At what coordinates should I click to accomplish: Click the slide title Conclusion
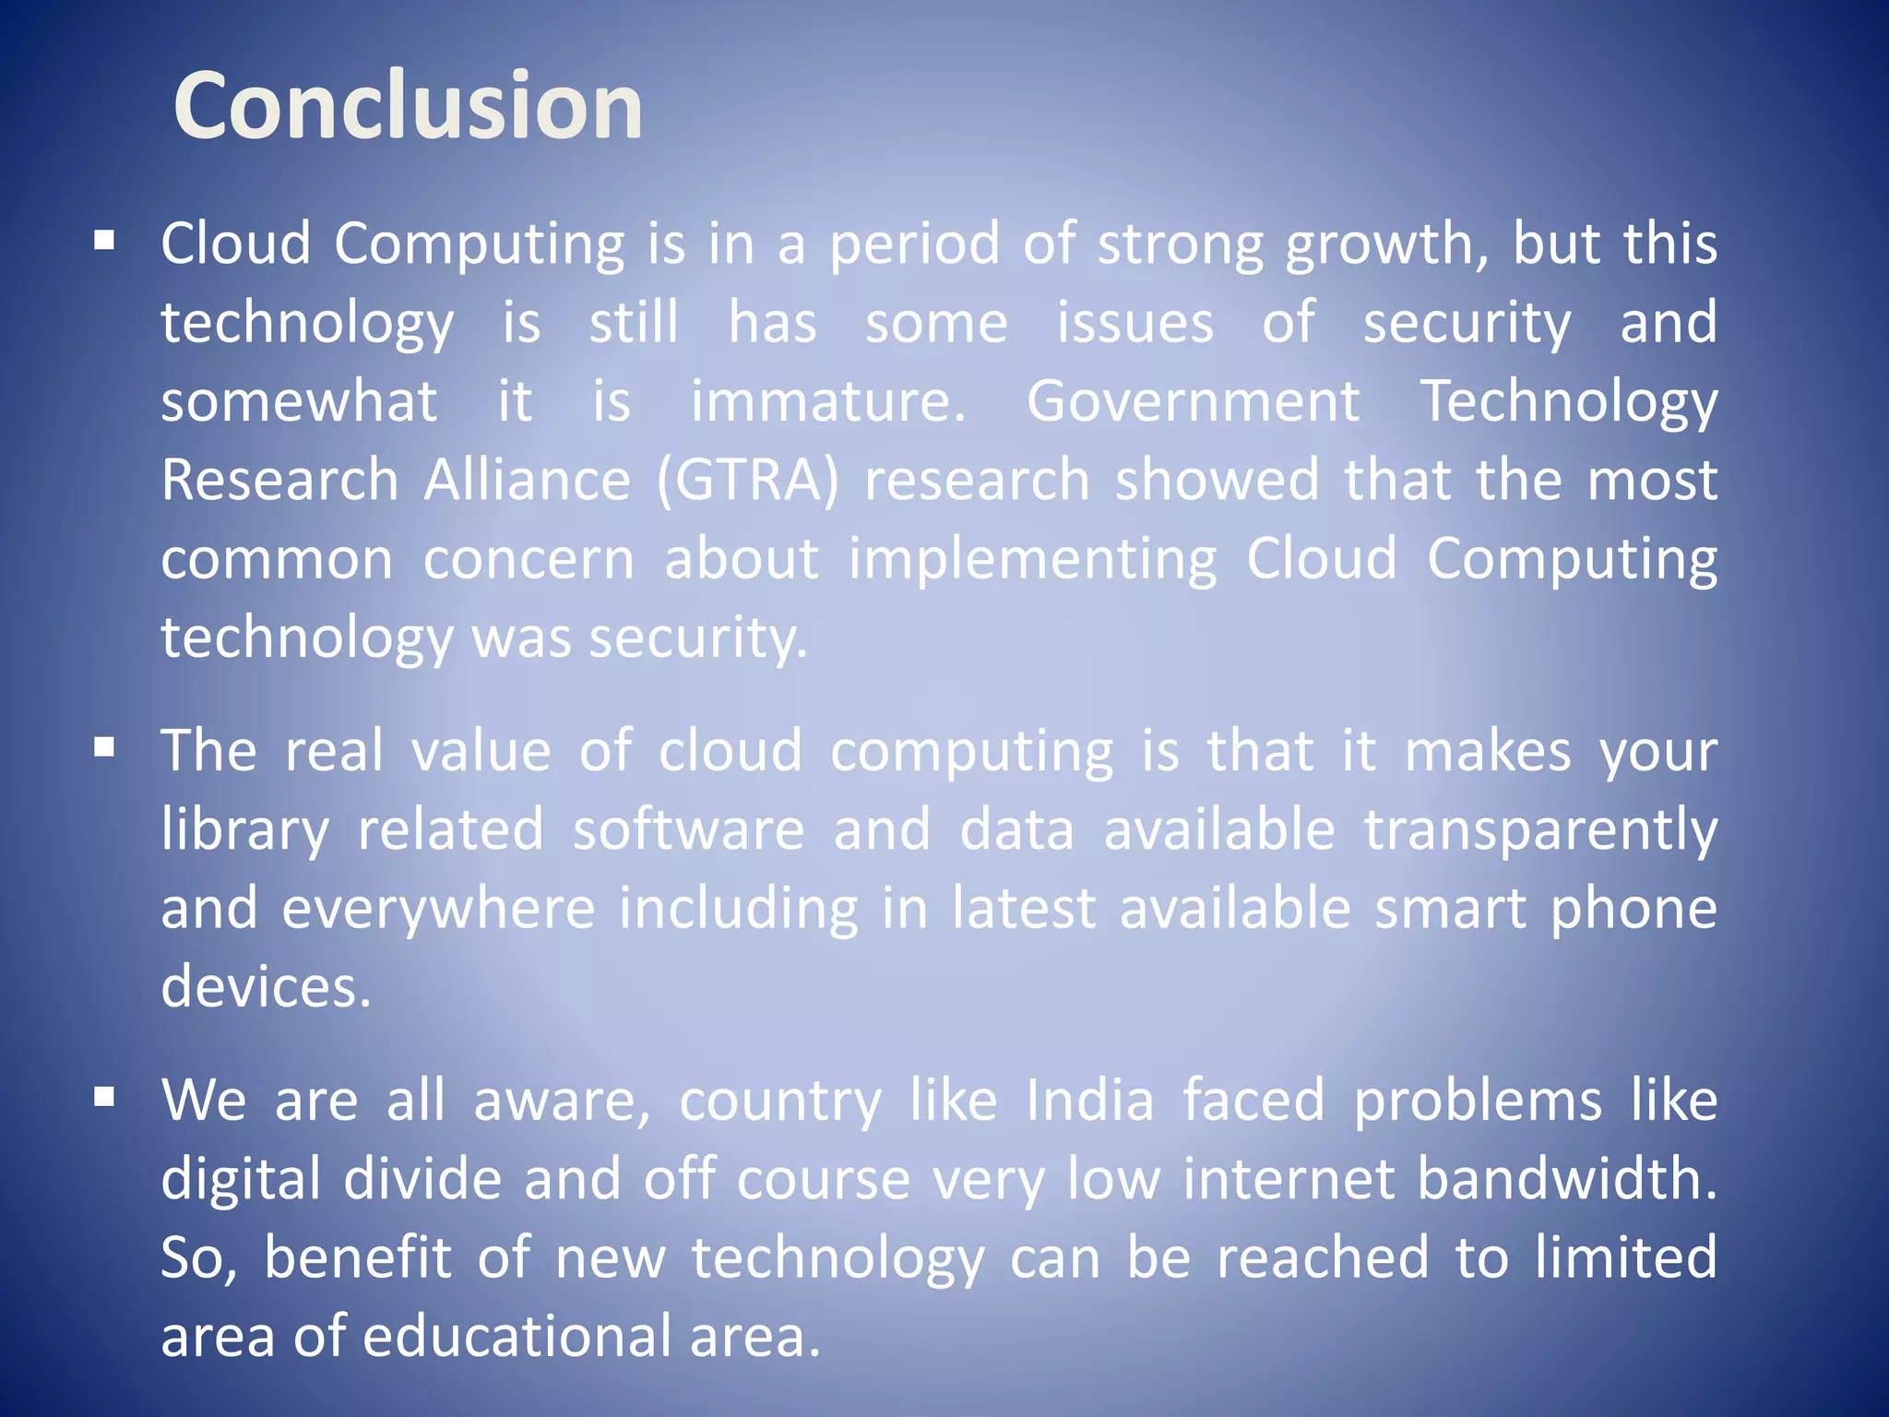pyautogui.click(x=408, y=106)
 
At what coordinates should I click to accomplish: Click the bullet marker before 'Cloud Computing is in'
pyautogui.click(x=104, y=242)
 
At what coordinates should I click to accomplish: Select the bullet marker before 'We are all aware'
pyautogui.click(x=104, y=1097)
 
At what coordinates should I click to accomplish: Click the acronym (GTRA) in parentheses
pyautogui.click(x=748, y=481)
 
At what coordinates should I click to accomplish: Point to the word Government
pyautogui.click(x=1193, y=402)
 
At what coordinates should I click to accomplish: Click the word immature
pyautogui.click(x=827, y=402)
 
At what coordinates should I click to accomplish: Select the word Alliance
pyautogui.click(x=527, y=481)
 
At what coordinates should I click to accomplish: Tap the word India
pyautogui.click(x=1089, y=1101)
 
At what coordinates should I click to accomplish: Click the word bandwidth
pyautogui.click(x=1566, y=1179)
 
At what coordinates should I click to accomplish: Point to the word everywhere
pyautogui.click(x=438, y=909)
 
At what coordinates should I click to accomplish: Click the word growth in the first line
pyautogui.click(x=1385, y=245)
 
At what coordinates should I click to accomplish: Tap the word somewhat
pyautogui.click(x=299, y=402)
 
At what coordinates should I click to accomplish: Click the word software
pyautogui.click(x=688, y=829)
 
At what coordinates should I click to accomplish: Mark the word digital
pyautogui.click(x=241, y=1180)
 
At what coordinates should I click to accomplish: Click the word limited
pyautogui.click(x=1625, y=1257)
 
